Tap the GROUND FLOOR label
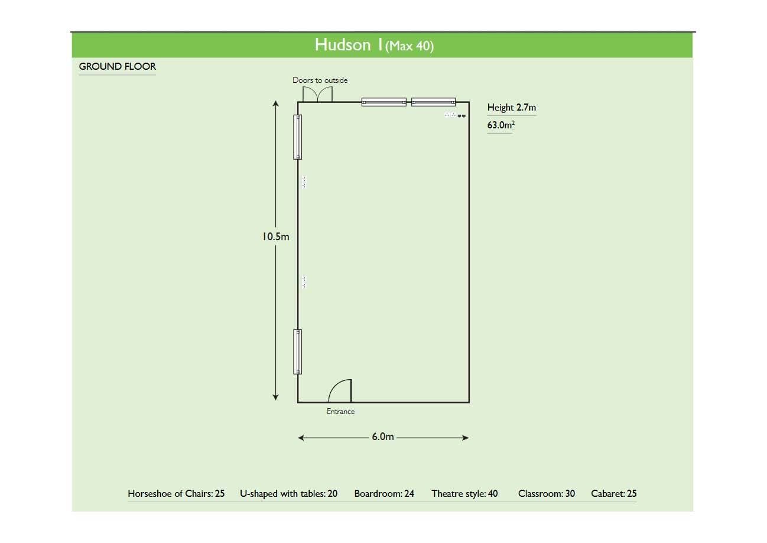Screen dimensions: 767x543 (118, 66)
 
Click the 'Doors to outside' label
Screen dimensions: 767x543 (320, 80)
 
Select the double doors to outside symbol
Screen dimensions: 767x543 (317, 94)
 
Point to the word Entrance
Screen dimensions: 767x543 (340, 411)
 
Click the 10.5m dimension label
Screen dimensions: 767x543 (275, 237)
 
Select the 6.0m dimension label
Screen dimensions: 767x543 (383, 437)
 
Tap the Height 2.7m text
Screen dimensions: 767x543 (512, 107)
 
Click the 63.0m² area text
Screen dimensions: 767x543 (501, 125)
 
